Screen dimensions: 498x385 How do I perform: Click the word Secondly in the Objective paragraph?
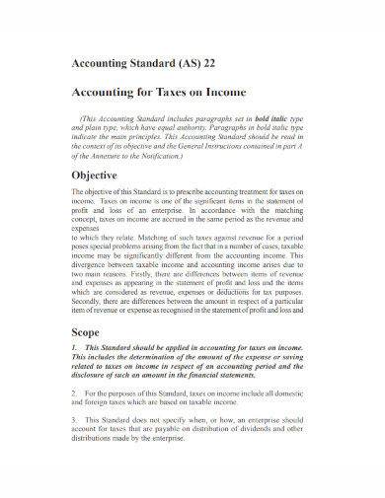point(94,299)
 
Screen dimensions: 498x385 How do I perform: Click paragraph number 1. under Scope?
point(76,349)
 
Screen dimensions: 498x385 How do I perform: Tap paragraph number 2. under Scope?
point(76,392)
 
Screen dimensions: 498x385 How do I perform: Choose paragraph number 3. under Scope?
point(76,418)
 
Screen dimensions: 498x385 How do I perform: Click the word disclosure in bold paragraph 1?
point(95,376)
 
